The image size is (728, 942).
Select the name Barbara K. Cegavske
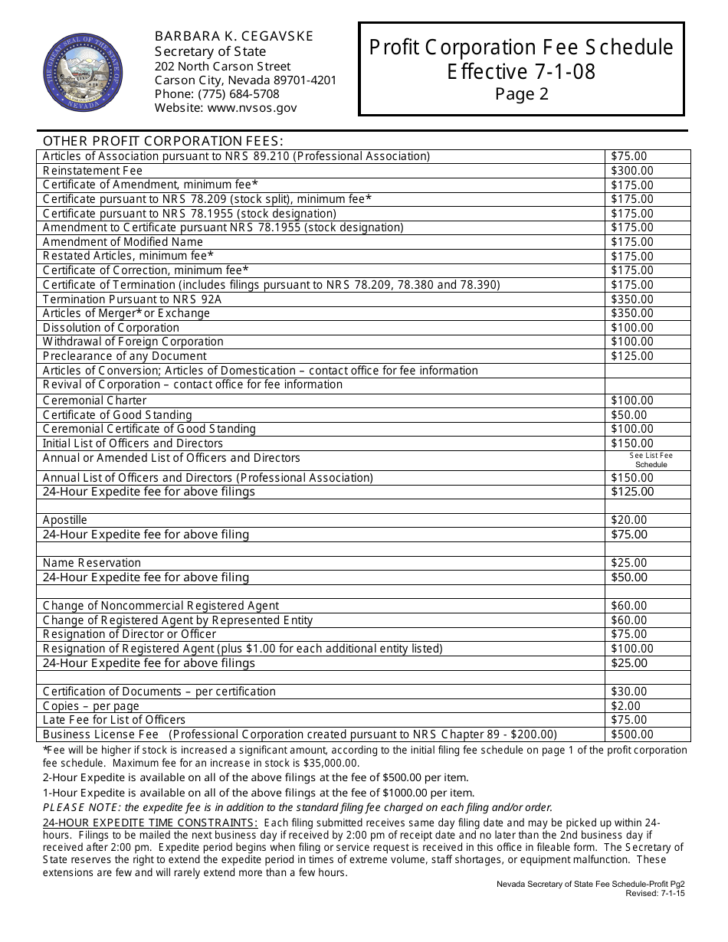234,36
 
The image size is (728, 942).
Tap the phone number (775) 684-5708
217,94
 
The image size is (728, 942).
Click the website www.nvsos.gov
225,108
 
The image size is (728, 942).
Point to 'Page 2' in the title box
521,94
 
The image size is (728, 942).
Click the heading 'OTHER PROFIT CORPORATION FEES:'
163,141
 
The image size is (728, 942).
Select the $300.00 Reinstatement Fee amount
632,171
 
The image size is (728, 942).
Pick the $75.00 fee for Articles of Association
629,156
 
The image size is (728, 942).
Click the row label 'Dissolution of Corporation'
111,328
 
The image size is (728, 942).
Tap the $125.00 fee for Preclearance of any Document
632,356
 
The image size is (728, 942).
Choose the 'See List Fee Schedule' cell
651,460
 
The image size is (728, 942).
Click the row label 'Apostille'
65,520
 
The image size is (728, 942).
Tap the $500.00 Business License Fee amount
632,734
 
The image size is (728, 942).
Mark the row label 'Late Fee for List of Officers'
114,720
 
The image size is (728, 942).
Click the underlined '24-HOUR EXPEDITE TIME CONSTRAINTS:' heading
150,823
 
